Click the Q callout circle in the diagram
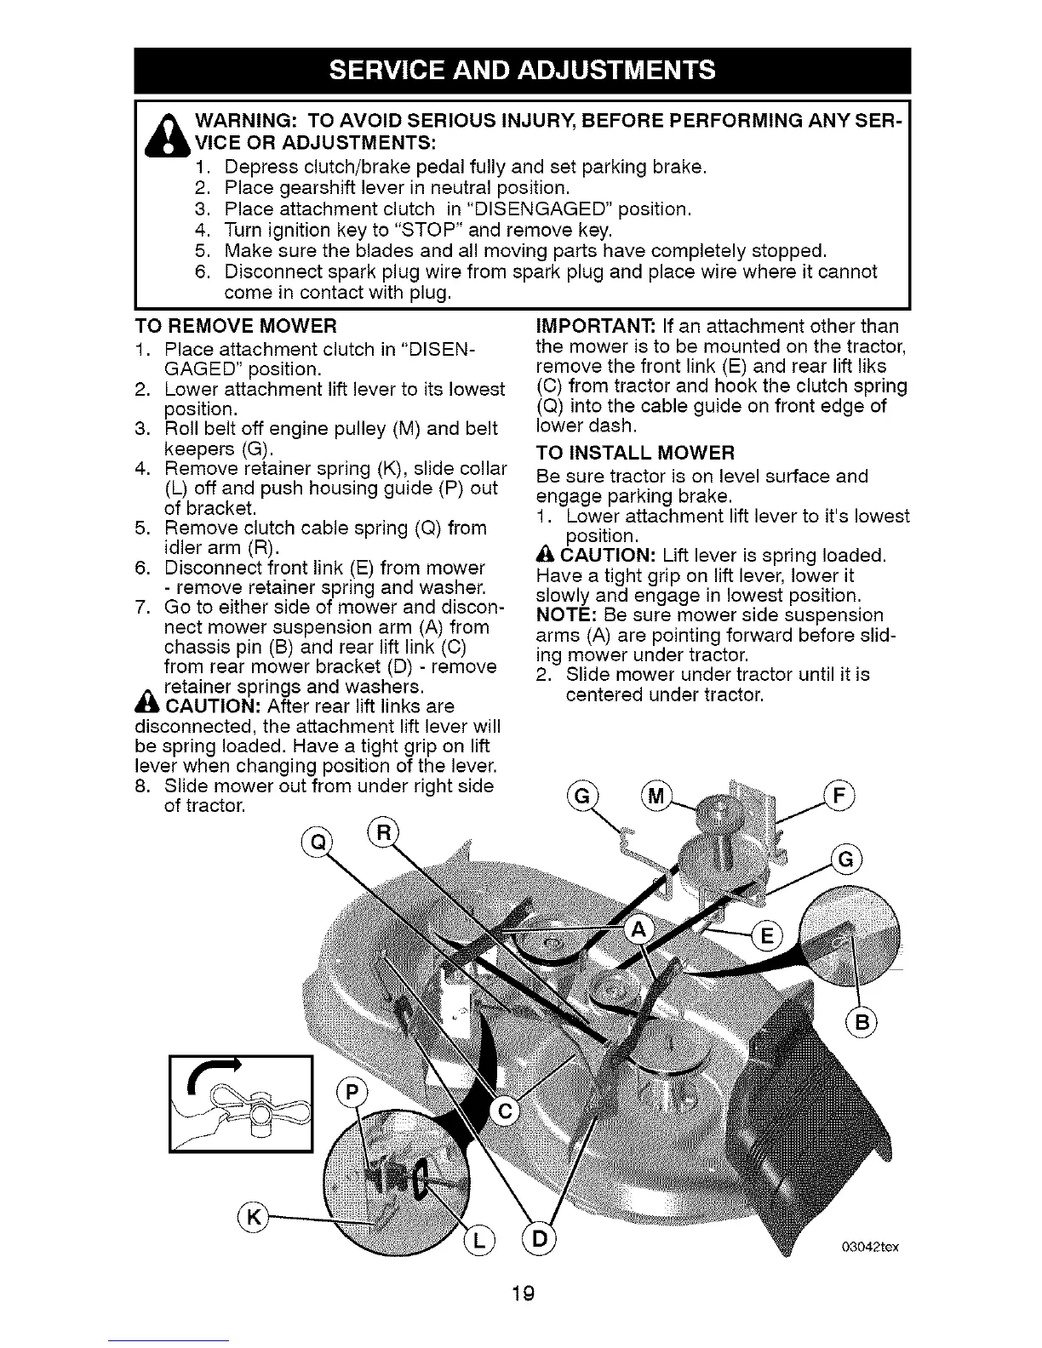pyautogui.click(x=317, y=842)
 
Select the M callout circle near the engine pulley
pyautogui.click(x=656, y=797)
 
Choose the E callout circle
pyautogui.click(x=766, y=937)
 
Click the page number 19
pyautogui.click(x=523, y=1295)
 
